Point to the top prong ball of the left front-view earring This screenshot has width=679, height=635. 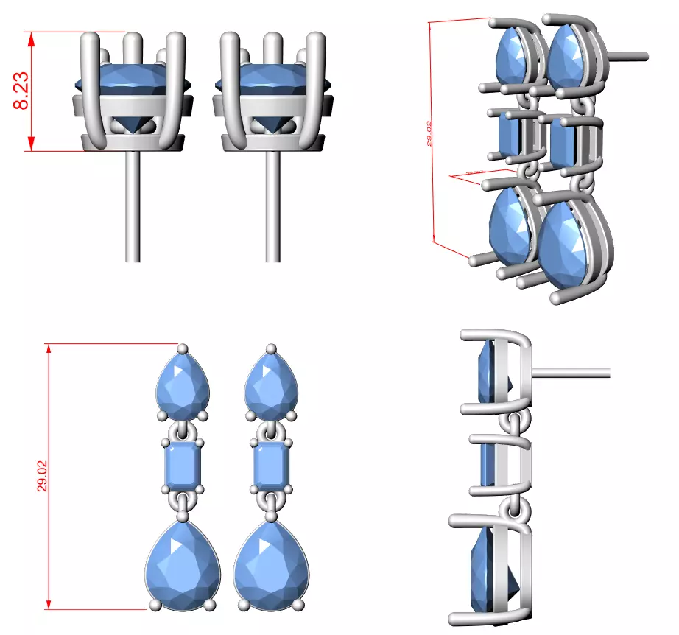pos(184,348)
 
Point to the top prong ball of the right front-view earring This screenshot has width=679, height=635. pos(272,348)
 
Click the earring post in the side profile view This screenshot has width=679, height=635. pos(571,372)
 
